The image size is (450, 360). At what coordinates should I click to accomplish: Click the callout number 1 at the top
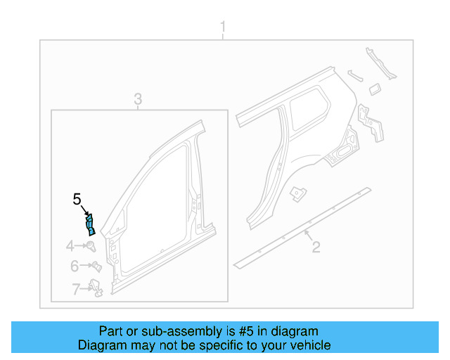click(223, 28)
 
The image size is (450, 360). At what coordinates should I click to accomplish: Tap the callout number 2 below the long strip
click(316, 246)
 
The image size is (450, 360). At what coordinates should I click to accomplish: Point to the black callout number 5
click(77, 200)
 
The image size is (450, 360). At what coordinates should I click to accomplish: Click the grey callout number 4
click(70, 245)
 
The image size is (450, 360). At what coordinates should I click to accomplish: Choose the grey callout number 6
click(74, 266)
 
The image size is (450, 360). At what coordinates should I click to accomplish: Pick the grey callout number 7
click(75, 288)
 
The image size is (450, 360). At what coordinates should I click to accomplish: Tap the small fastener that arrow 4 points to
click(91, 245)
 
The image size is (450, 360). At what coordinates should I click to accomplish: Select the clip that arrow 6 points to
click(96, 266)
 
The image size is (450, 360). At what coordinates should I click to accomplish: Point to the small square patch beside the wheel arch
click(300, 191)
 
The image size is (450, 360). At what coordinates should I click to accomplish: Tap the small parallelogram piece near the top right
click(375, 87)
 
